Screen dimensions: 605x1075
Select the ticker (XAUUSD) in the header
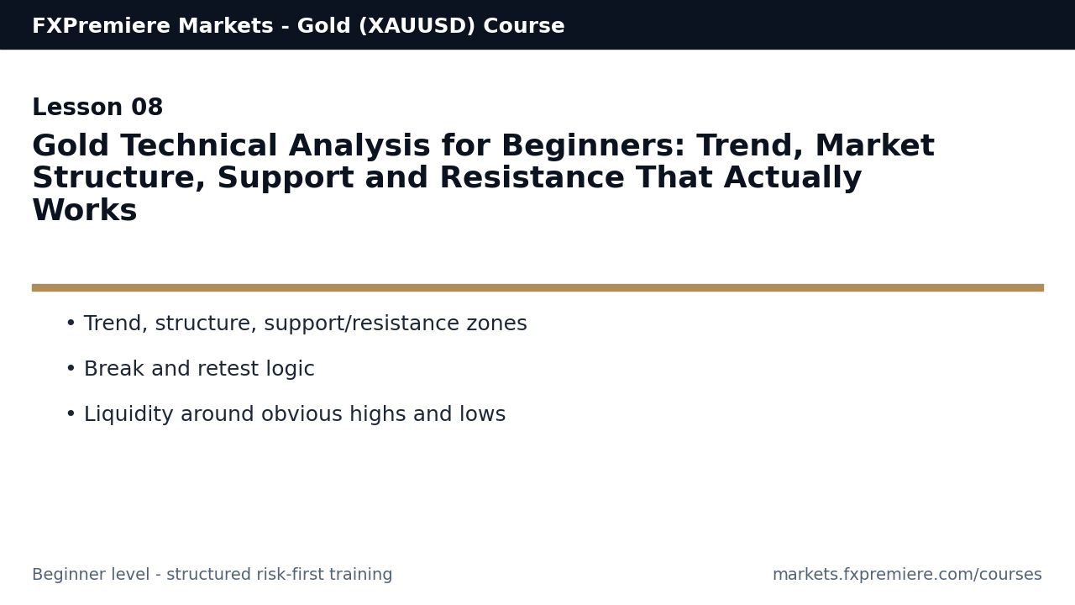point(417,26)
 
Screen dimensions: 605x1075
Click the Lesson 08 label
point(97,108)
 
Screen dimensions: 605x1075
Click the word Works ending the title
point(84,211)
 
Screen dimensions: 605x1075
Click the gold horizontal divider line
point(537,287)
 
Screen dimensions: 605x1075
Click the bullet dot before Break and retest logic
point(71,370)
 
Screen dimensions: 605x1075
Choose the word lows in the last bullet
point(483,415)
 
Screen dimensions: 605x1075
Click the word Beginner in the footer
point(68,575)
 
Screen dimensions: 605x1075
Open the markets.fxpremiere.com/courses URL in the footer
point(907,575)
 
